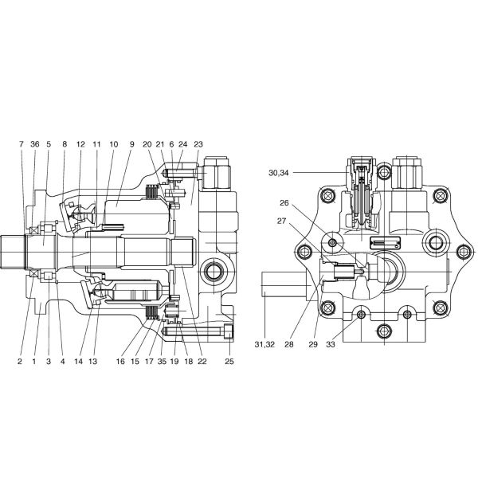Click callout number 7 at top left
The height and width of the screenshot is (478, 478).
pos(22,144)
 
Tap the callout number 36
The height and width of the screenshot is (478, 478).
pos(34,144)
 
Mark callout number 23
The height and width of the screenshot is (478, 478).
pos(198,144)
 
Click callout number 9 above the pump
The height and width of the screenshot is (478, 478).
pos(132,144)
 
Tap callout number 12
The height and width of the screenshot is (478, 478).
pos(80,144)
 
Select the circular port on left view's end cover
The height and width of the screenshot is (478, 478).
pos(214,272)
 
